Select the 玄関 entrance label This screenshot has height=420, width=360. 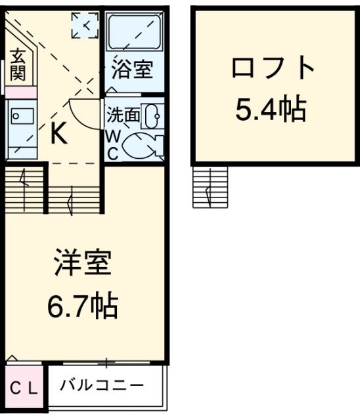tap(17, 64)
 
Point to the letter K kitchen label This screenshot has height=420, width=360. tap(58, 135)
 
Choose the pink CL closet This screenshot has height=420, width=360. tap(24, 388)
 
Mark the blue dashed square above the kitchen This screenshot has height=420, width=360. tap(85, 25)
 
